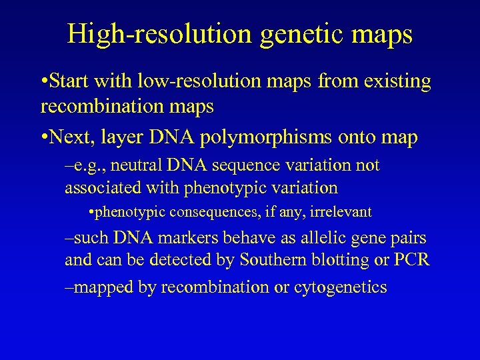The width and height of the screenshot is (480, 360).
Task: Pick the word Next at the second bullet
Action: (x=71, y=138)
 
